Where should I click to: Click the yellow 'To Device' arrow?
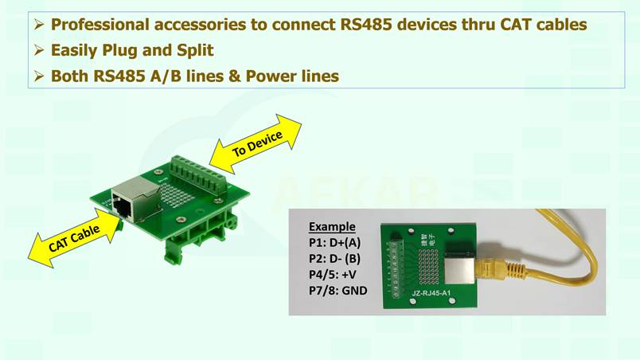(256, 144)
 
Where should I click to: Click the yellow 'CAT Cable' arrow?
(75, 238)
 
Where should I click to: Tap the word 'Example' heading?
(332, 226)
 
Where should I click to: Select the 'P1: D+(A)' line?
(334, 242)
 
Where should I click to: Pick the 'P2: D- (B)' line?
(334, 258)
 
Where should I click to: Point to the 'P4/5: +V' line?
(332, 274)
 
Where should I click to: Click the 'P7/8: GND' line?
(338, 291)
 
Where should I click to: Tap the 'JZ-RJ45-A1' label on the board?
(431, 293)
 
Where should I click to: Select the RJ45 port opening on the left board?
(123, 207)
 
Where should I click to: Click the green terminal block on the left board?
(198, 174)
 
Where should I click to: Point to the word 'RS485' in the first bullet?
(365, 25)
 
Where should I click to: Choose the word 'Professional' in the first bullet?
(100, 25)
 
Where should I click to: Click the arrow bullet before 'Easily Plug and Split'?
(39, 50)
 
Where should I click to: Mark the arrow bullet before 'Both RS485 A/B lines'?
(39, 76)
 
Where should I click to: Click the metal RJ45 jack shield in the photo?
(459, 268)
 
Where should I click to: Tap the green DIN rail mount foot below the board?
(173, 253)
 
